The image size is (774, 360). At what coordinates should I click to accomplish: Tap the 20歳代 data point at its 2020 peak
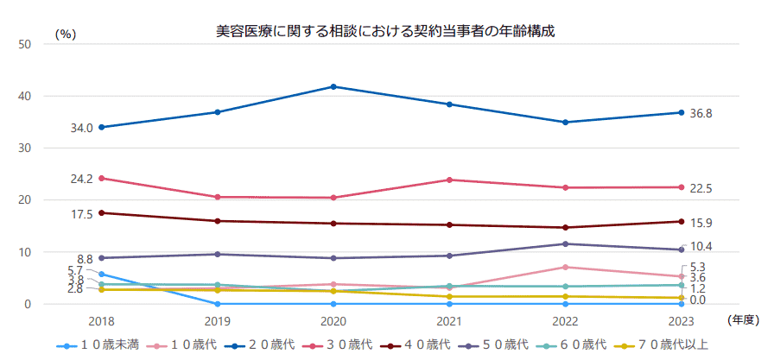coord(333,86)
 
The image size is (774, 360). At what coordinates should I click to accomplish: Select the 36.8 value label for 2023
coord(701,114)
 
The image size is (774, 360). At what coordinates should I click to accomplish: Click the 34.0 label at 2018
coord(82,128)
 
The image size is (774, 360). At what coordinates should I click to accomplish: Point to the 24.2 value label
coord(82,179)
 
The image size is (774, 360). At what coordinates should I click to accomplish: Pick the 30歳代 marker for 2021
coord(449,180)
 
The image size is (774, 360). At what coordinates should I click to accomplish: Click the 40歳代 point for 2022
coord(565,228)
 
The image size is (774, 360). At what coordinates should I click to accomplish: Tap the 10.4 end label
coord(701,246)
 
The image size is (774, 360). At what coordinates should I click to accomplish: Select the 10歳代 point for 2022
coord(565,267)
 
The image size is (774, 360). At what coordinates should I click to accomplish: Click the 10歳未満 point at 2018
coord(102,275)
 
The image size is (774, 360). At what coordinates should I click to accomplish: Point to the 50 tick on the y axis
coord(25,43)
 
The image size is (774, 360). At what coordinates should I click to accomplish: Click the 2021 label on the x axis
coord(449,320)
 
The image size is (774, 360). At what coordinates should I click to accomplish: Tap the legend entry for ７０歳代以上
coord(668,345)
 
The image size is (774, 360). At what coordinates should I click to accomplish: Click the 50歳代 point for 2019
coord(218,254)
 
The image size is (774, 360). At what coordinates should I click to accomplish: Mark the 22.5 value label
coord(701,189)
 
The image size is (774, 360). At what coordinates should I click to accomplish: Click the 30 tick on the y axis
coord(25,148)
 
